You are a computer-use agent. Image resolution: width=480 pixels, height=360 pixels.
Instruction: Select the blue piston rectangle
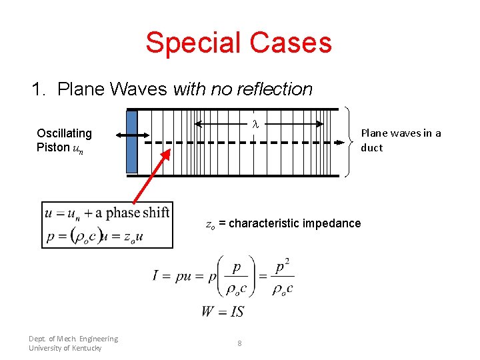coord(131,141)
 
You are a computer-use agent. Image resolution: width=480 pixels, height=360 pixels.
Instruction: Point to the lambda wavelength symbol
coord(255,124)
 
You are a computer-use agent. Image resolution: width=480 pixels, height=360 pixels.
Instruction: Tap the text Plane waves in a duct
coord(401,140)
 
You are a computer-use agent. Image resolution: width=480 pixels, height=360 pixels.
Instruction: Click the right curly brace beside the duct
coord(350,141)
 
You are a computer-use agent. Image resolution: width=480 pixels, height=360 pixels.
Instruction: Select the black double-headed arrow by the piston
coord(133,135)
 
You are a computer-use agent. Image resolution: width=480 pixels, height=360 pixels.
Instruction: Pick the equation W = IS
coord(223,311)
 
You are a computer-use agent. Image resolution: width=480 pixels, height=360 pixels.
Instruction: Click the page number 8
coord(239,343)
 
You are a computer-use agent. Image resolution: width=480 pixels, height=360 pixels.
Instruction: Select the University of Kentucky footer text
coord(65,348)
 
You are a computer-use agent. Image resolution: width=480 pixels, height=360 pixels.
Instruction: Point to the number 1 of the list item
coord(37,89)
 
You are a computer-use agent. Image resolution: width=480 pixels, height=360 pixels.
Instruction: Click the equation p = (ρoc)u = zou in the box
coord(94,235)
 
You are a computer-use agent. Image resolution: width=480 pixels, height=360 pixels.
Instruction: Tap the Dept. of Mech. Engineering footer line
coord(73,339)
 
